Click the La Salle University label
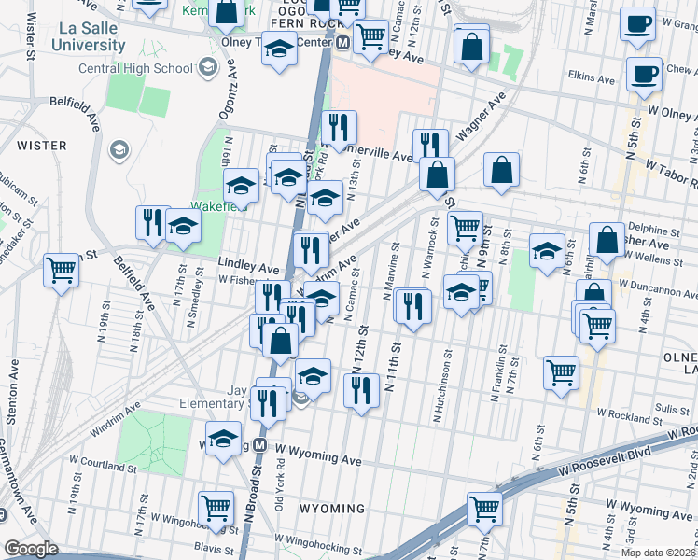click(x=87, y=36)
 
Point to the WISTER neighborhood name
click(x=40, y=146)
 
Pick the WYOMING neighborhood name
click(x=331, y=509)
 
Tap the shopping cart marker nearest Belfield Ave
click(x=62, y=271)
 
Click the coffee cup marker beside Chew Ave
click(x=643, y=73)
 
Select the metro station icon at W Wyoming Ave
click(x=263, y=445)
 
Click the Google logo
click(x=31, y=549)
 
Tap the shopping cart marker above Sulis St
click(x=562, y=372)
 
